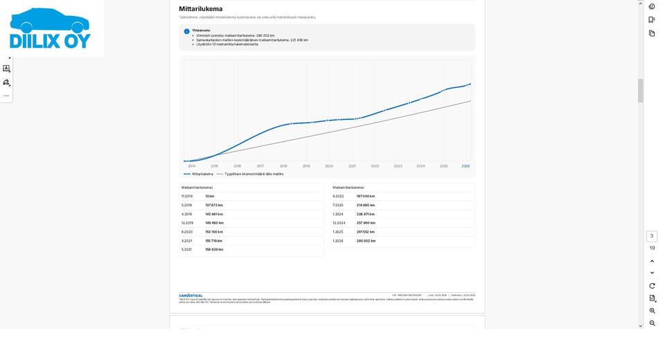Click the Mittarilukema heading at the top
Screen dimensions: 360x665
(201, 9)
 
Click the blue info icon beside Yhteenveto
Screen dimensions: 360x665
(187, 31)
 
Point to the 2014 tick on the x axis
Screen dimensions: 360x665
(192, 166)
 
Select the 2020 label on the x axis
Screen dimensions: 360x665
(329, 166)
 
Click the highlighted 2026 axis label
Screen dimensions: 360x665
(465, 166)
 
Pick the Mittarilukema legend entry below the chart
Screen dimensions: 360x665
(202, 174)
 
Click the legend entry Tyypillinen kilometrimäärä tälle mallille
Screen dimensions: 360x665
(254, 174)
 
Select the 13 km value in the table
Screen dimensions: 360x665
(210, 197)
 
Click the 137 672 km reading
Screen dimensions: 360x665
(214, 206)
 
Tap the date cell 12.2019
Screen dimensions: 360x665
(188, 223)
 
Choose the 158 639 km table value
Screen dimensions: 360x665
(214, 250)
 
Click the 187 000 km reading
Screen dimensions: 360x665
(366, 197)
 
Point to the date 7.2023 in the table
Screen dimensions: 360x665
(338, 206)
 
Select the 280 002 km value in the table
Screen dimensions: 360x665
(366, 241)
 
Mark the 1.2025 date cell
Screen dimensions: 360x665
(338, 232)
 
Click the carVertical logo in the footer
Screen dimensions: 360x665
(191, 296)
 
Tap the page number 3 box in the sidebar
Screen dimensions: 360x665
(652, 236)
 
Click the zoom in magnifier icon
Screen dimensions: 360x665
(652, 311)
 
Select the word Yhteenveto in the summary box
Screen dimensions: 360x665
(201, 30)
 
